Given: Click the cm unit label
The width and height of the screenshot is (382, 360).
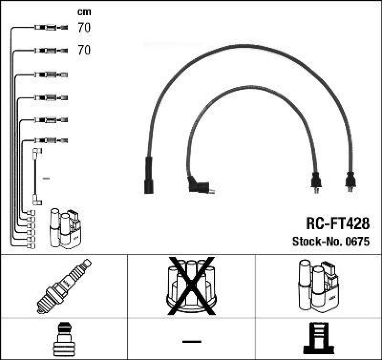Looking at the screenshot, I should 84,12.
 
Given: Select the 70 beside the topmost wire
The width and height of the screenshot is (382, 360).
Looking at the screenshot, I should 84,28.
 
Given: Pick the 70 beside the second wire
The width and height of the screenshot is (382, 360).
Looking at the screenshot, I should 84,50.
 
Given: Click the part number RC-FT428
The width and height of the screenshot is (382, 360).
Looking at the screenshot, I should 337,223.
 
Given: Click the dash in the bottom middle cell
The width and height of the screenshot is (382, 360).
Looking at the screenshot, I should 191,341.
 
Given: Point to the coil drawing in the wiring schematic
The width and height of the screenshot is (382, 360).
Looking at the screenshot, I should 64,228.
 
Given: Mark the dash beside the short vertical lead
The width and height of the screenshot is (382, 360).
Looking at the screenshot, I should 46,179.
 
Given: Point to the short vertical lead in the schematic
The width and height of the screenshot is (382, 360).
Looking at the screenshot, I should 36,177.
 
